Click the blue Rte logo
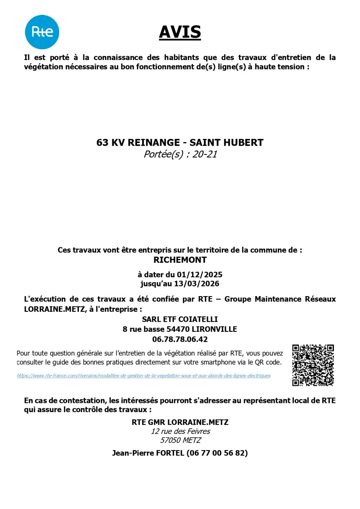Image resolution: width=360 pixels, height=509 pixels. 42,32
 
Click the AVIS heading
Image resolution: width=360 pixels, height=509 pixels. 180,32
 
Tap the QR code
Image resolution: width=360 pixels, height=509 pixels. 313,365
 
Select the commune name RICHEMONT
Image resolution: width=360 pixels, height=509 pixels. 180,260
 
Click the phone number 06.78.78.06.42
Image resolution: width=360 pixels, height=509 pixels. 180,339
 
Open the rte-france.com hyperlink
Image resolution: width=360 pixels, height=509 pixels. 143,376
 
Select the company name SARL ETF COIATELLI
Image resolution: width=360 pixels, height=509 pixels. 180,319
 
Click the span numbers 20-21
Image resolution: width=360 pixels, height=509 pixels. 205,154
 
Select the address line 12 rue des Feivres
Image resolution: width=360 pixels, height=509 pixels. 180,431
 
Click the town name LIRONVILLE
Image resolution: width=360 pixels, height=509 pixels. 214,329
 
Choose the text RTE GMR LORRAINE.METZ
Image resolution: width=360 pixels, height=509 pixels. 180,422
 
